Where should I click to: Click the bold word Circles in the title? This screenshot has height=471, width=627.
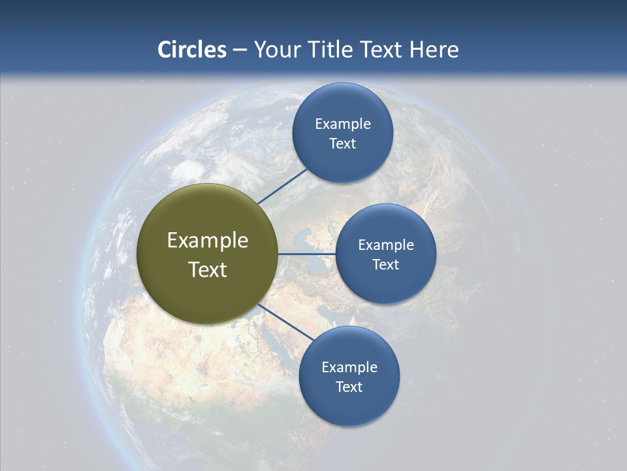192,50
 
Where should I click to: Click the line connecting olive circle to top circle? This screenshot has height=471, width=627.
283,186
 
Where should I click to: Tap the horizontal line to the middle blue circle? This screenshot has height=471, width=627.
307,254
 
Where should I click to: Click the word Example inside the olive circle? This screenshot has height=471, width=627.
208,241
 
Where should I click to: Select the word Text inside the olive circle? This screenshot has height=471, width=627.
208,270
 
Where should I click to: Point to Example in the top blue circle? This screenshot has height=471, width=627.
343,124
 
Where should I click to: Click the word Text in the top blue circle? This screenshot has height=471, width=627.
343,144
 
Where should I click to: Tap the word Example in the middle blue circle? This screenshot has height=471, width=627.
386,245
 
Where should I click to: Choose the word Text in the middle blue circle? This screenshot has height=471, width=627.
386,265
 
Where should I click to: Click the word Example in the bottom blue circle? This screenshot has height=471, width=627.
349,368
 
